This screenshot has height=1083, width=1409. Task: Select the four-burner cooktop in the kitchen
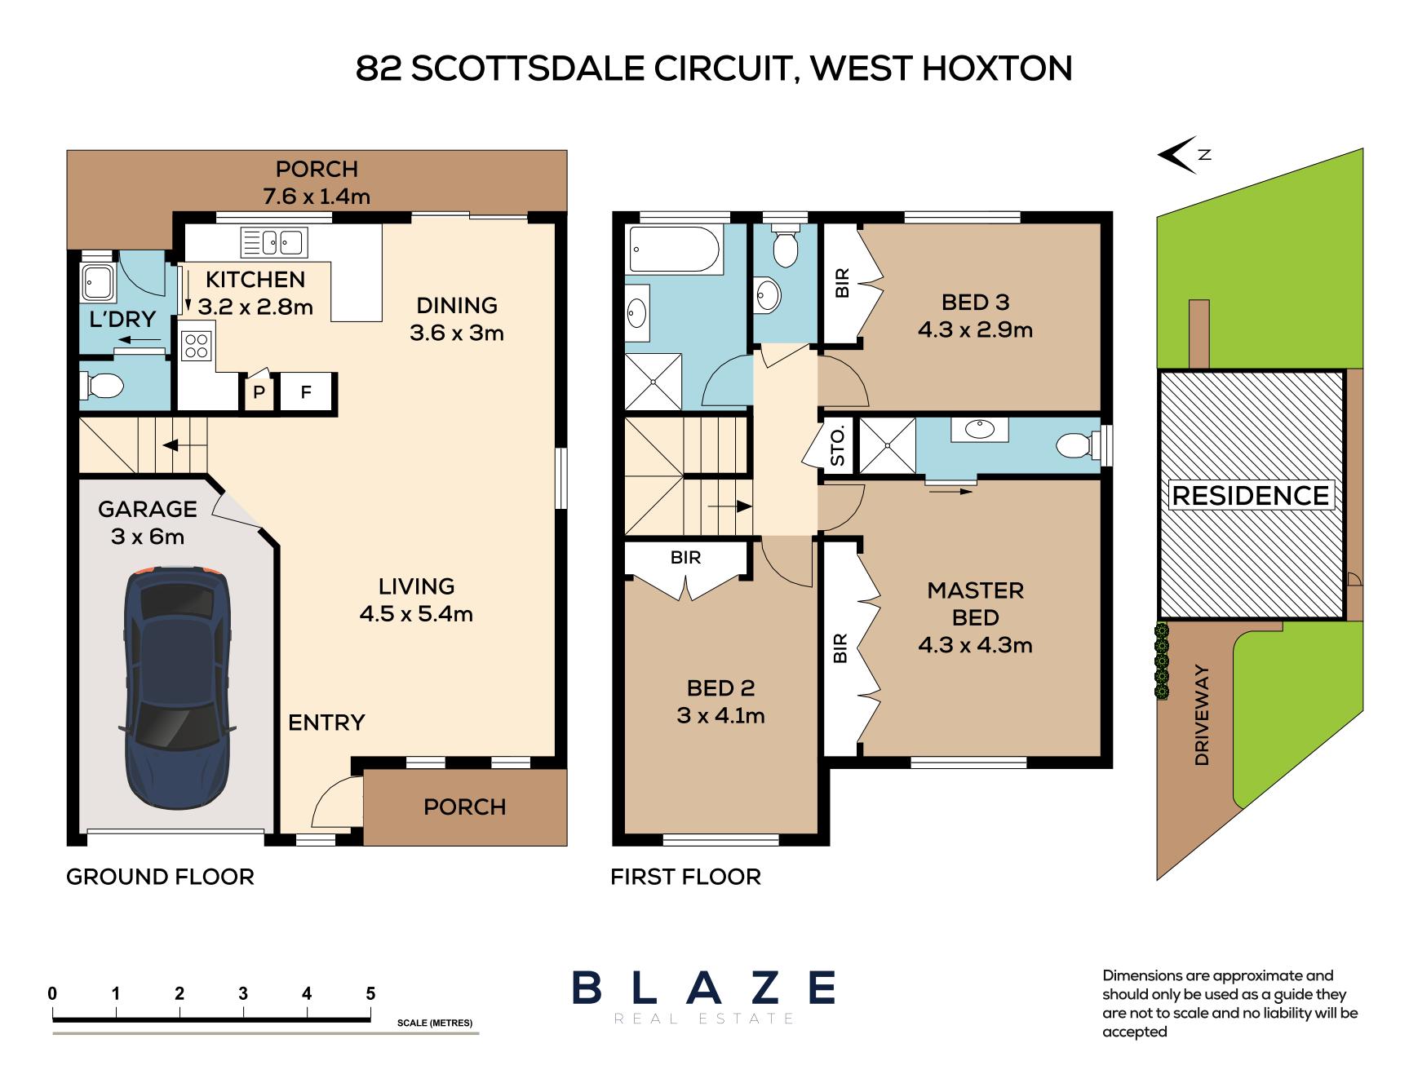point(196,346)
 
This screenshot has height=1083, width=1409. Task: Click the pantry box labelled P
point(259,393)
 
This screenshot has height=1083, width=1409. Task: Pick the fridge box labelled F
point(306,393)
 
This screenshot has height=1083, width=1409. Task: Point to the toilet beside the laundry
point(101,386)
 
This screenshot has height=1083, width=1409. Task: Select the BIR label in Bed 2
point(685,558)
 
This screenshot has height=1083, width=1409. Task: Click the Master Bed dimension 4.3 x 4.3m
point(975,645)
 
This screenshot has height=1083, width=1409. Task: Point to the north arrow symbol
point(1178,154)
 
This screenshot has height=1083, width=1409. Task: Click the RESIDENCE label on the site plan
point(1250,495)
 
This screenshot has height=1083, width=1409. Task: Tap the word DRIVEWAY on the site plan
point(1202,716)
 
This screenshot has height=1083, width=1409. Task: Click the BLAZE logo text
point(703,988)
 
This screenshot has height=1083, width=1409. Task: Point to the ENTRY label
point(326,723)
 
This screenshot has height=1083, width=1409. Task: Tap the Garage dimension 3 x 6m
point(148,537)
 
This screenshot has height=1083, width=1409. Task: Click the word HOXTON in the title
point(996,69)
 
